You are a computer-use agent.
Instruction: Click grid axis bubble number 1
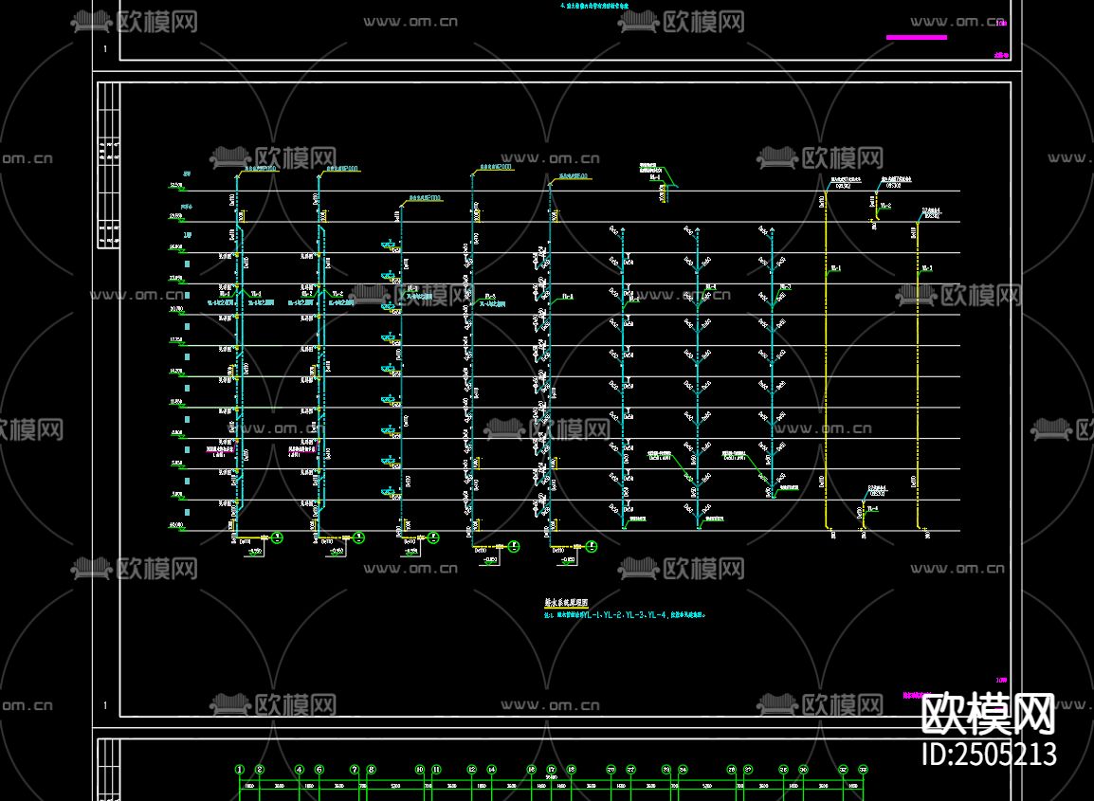(240, 770)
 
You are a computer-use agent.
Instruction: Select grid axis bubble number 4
(300, 770)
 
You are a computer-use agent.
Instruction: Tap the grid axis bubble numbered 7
(355, 770)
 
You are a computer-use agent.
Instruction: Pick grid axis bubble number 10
(419, 770)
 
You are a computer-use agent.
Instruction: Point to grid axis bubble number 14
(491, 770)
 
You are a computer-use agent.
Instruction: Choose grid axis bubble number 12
(471, 770)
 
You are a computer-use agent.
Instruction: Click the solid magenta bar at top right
(916, 37)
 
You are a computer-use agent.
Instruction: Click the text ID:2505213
(989, 755)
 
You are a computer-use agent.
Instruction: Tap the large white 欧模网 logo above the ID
(989, 713)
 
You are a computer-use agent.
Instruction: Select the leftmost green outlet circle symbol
(277, 537)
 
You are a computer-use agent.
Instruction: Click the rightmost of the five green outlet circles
(591, 546)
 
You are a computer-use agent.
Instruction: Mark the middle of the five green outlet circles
(433, 537)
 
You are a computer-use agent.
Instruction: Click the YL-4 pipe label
(872, 509)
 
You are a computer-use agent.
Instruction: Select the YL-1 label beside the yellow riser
(836, 268)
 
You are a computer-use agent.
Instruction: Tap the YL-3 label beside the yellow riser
(926, 268)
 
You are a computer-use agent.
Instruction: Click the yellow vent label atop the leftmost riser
(259, 169)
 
